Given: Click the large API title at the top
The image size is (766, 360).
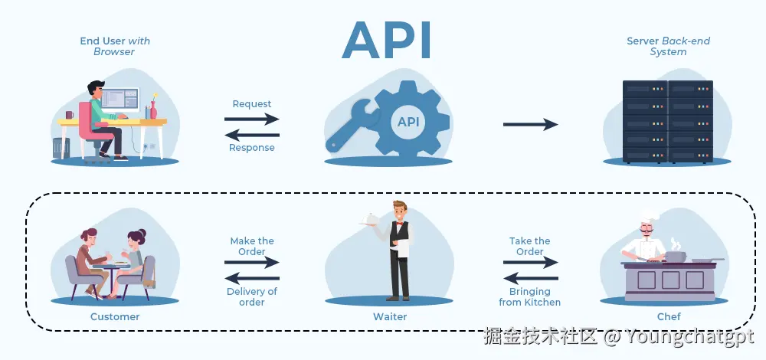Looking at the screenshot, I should tap(387, 40).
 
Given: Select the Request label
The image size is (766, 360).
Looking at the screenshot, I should tap(252, 104).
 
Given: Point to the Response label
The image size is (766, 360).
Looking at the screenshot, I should tap(252, 148).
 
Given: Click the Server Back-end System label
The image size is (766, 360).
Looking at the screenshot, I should tap(656, 46).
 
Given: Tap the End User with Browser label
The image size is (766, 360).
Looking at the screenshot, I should tap(114, 46).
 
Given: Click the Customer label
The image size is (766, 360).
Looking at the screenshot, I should tap(115, 316).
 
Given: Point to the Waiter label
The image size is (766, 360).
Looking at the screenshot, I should tap(389, 316).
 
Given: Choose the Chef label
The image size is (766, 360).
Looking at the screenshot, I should tap(668, 316).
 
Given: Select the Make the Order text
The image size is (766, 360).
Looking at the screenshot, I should tap(252, 246).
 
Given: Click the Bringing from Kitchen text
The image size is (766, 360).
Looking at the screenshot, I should tap(530, 296).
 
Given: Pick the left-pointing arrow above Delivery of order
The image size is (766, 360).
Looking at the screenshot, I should tap(252, 278).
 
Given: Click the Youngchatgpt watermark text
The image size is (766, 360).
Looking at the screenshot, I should tap(689, 335).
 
